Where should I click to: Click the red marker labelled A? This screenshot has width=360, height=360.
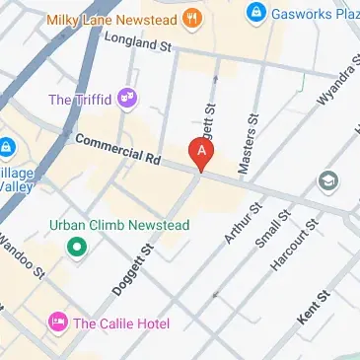coord(201,153)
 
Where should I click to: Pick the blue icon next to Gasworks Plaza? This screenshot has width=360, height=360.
coord(256,12)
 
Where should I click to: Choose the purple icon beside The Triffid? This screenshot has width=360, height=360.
coord(126,97)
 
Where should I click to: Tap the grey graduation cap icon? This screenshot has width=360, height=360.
coord(326,182)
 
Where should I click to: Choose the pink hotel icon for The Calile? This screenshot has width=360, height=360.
coord(58,323)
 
